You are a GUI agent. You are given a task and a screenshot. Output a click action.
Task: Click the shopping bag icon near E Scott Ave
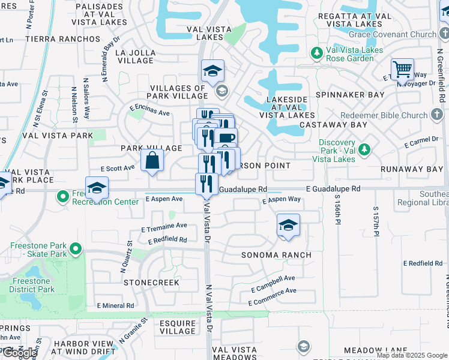pos(152,161)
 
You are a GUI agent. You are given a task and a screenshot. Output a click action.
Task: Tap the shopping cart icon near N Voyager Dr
pos(402,69)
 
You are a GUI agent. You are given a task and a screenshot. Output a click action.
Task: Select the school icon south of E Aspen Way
pos(288,226)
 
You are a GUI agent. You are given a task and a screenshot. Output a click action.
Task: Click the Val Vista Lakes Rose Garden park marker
pos(317,54)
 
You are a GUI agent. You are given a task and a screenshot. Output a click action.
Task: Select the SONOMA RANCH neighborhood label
pos(276,255)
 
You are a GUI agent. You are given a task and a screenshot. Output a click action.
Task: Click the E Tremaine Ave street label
pos(164,227)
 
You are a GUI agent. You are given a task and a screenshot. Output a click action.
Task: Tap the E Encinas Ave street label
pos(149,111)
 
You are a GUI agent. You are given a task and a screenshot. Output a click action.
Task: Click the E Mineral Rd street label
pos(115,305)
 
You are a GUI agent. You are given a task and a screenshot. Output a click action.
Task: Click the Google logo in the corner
pos(19,353)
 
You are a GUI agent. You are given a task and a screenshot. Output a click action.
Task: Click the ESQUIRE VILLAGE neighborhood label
pos(178,326)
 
